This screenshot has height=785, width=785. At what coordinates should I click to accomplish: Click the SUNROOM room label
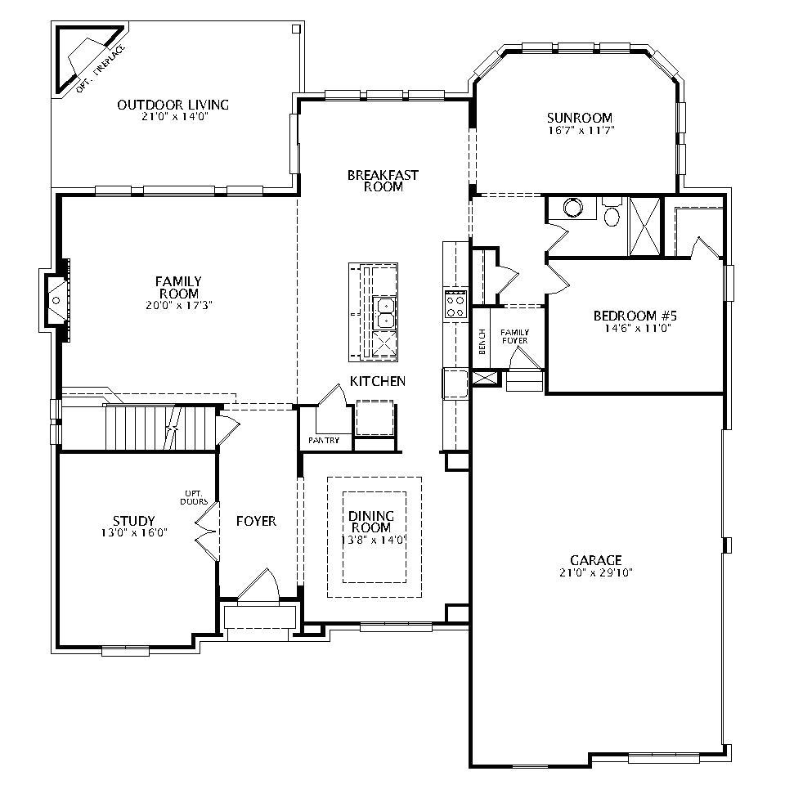[x=580, y=118]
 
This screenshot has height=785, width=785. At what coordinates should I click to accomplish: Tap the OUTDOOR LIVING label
[x=173, y=105]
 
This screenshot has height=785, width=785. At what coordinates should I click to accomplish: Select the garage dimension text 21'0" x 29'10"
[x=595, y=572]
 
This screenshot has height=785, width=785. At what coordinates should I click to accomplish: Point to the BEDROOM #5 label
[x=624, y=316]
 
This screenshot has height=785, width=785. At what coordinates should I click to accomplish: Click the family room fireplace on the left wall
[x=57, y=301]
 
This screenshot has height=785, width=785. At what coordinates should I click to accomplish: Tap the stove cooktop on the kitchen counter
[x=455, y=305]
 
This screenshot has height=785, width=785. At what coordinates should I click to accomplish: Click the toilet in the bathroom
[x=612, y=214]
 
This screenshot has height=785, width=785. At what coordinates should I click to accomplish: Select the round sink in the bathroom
[x=572, y=209]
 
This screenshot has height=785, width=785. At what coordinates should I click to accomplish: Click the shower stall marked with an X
[x=644, y=227]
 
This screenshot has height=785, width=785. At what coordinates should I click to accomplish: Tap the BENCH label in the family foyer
[x=482, y=342]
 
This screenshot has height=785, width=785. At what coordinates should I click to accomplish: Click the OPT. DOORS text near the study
[x=195, y=497]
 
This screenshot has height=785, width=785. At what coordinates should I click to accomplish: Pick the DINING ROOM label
[x=371, y=522]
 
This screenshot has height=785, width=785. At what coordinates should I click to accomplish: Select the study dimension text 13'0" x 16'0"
[x=133, y=532]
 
